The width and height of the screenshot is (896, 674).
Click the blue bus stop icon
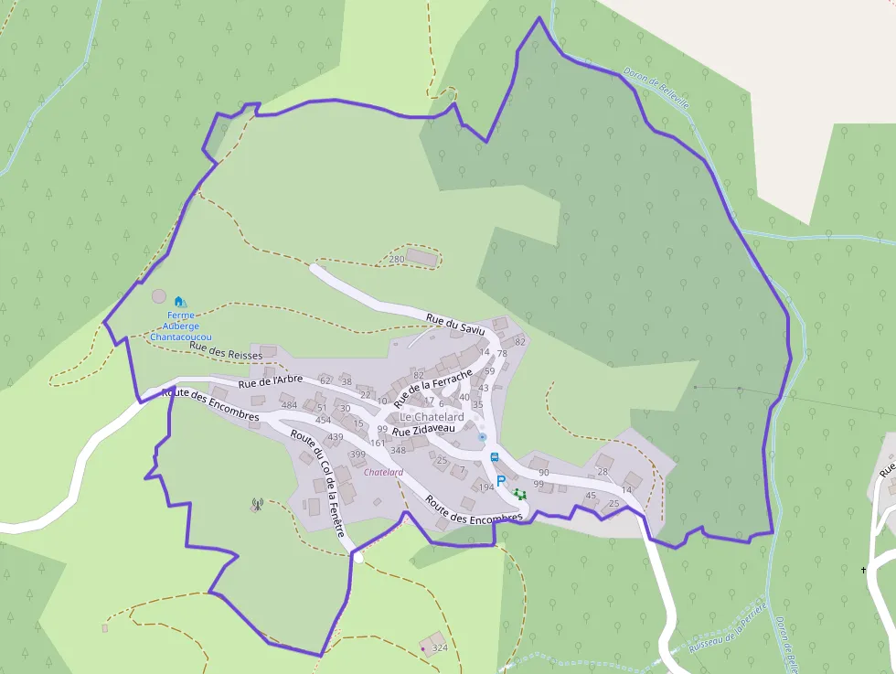point(495,457)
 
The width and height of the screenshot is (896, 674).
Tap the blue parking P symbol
point(500,480)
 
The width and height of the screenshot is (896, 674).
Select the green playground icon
point(519,495)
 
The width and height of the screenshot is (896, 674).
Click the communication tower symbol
point(257,504)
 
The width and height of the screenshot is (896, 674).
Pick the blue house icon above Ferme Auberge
point(179,301)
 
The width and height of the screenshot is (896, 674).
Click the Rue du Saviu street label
point(453,324)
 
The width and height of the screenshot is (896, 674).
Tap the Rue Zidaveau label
point(423,429)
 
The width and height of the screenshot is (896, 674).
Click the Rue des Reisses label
point(227,354)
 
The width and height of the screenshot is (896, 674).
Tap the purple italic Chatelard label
point(383,473)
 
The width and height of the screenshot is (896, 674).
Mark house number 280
point(396,260)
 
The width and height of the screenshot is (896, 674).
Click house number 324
point(440,647)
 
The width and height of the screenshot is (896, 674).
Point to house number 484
point(289,405)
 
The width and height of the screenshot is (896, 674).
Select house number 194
point(485,487)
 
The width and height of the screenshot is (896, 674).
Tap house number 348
point(398,450)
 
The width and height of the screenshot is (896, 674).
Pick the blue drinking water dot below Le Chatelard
point(482,437)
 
